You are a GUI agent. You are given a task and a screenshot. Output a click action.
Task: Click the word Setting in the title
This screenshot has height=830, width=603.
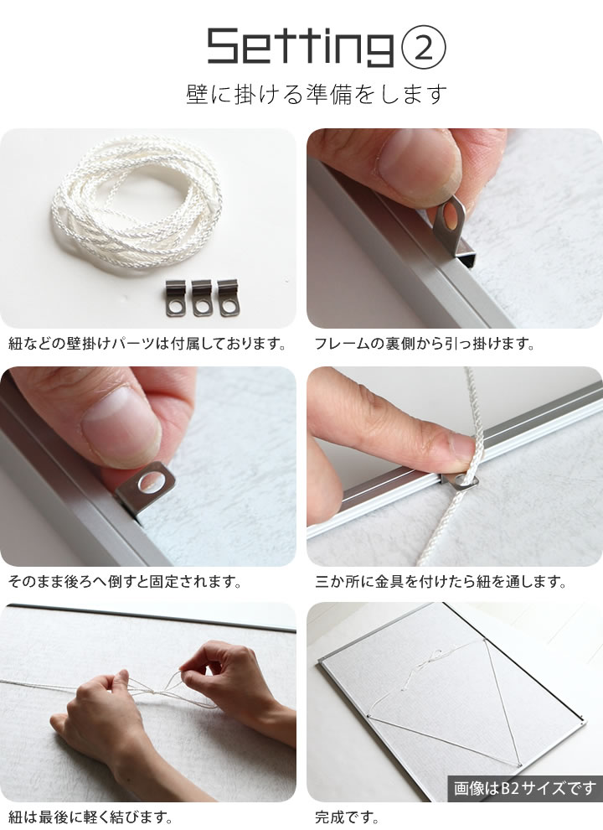301,47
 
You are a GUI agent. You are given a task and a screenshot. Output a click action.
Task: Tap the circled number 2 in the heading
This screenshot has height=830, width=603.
425,49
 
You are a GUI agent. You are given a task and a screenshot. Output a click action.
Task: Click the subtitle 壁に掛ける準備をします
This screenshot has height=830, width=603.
317,94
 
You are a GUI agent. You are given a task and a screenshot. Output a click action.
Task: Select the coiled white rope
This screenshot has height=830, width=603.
137,202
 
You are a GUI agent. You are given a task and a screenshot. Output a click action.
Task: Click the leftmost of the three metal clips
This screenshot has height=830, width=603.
176,298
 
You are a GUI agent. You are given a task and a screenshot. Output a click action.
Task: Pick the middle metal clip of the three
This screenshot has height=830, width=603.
202,298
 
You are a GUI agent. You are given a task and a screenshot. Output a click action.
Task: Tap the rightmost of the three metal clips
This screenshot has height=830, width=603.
228,298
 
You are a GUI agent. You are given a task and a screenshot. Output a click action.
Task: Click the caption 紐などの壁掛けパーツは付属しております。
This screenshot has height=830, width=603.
148,344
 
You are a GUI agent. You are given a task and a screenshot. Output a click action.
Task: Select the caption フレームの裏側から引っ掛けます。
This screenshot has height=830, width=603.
425,344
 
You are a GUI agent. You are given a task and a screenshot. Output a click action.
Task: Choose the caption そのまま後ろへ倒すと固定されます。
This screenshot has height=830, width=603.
125,583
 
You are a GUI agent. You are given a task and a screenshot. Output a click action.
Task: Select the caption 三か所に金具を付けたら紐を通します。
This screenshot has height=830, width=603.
441,583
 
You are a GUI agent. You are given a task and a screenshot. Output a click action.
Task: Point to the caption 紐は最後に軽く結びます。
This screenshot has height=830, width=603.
90,817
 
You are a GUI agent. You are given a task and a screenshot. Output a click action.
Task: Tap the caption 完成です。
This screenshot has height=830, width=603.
347,817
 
